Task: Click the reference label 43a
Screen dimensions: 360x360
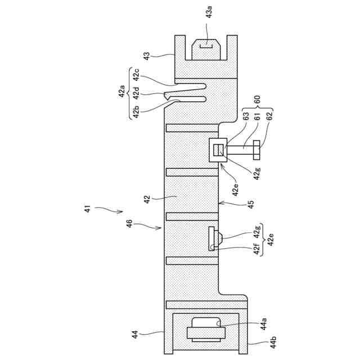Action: (x=209, y=12)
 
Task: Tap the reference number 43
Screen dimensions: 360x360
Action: (x=147, y=56)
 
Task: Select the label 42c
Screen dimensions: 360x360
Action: (x=137, y=74)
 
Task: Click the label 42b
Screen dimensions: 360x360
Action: (x=137, y=111)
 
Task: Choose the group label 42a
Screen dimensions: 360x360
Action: (x=121, y=91)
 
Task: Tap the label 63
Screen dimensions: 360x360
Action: (x=246, y=116)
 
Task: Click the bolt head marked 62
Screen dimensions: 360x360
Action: (x=256, y=150)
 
